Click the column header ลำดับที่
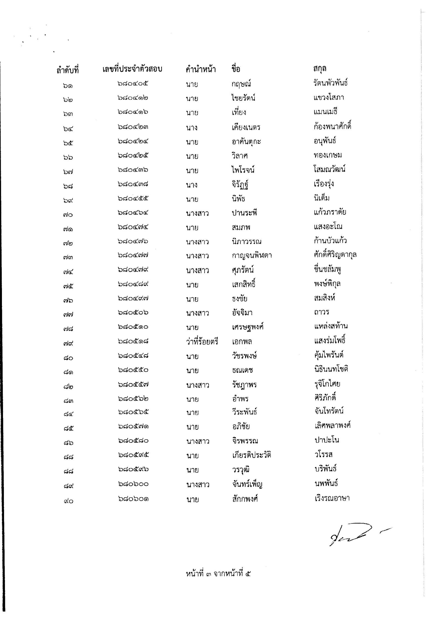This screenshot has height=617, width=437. click(67, 70)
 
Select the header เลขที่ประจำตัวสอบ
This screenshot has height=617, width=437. click(132, 69)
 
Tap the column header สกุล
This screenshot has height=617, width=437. click(320, 68)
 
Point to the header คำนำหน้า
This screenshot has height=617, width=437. click(201, 70)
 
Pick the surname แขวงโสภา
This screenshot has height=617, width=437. click(329, 97)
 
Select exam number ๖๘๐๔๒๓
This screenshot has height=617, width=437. click(133, 127)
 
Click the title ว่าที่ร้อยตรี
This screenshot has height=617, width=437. click(202, 341)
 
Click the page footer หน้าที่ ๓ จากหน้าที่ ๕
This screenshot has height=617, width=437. click(218, 573)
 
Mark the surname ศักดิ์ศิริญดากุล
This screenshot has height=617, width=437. click(335, 255)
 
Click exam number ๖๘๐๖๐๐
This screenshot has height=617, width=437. click(133, 484)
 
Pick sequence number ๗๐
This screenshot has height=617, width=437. click(67, 215)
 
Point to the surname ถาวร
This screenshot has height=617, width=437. click(321, 312)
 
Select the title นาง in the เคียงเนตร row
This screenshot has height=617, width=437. click(192, 127)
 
